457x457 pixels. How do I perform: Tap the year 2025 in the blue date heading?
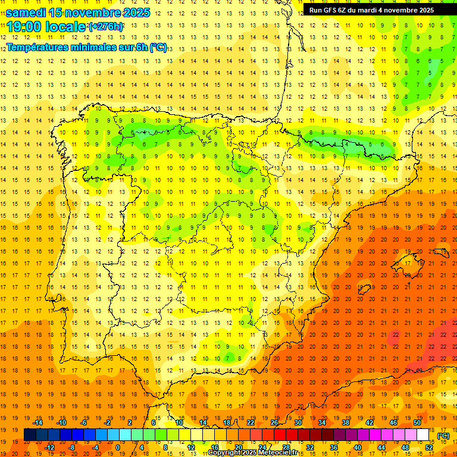(133, 12)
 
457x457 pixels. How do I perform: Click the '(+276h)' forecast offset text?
(106, 27)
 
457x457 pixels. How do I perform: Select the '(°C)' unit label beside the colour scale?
(443, 436)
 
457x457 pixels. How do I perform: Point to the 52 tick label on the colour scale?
(429, 447)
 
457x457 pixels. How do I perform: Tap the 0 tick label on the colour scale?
(118, 447)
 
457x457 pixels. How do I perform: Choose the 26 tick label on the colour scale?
(274, 422)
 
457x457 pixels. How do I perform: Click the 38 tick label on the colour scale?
(346, 422)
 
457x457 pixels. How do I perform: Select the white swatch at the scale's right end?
(423, 435)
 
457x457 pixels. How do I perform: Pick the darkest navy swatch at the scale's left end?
(30, 435)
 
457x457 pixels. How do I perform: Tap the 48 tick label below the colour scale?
(405, 447)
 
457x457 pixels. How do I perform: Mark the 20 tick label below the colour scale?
(238, 447)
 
